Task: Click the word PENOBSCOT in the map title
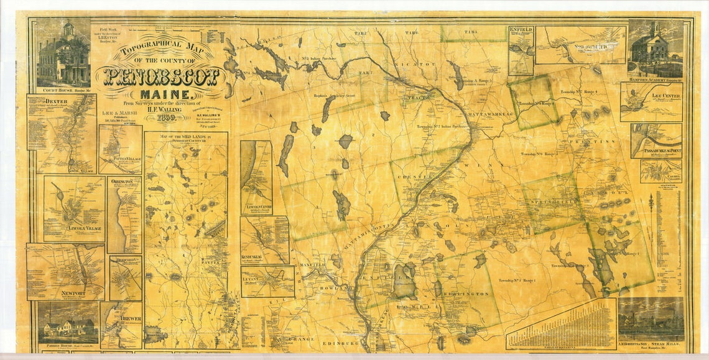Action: (161, 76)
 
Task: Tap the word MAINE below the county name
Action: (160, 94)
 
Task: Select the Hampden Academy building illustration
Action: (656, 48)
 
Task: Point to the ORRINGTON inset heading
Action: (123, 182)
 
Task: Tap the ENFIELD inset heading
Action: (521, 29)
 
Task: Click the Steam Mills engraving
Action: (650, 319)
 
